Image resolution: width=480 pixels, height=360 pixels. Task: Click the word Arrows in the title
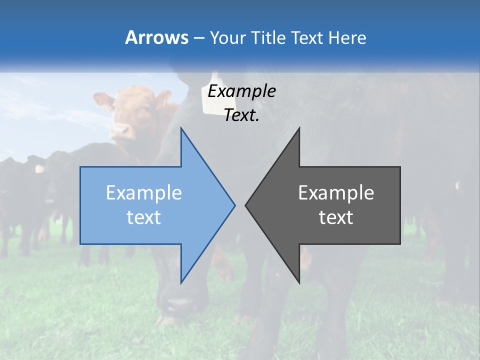click(x=156, y=37)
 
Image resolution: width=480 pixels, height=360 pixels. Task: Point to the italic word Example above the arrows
click(x=241, y=91)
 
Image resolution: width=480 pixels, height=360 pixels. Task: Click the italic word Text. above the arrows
click(x=241, y=115)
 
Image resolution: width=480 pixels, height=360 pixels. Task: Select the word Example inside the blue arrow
click(x=144, y=193)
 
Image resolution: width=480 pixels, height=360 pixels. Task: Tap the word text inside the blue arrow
click(x=144, y=217)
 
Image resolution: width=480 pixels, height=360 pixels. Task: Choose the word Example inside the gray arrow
click(x=336, y=193)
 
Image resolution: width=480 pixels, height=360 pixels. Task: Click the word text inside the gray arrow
click(x=336, y=217)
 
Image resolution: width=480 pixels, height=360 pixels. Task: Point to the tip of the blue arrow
click(x=234, y=205)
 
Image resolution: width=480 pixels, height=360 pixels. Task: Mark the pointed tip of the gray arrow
click(x=245, y=205)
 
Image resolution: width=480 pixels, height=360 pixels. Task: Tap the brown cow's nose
click(x=120, y=131)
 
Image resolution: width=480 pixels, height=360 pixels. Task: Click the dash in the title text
click(x=198, y=38)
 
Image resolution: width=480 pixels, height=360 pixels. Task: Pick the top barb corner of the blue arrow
click(x=181, y=128)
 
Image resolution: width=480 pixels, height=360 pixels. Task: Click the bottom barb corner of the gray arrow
click(x=299, y=283)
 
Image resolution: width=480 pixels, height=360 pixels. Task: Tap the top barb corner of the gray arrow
click(x=299, y=128)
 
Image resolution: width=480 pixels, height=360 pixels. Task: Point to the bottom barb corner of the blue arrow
click(x=181, y=283)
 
